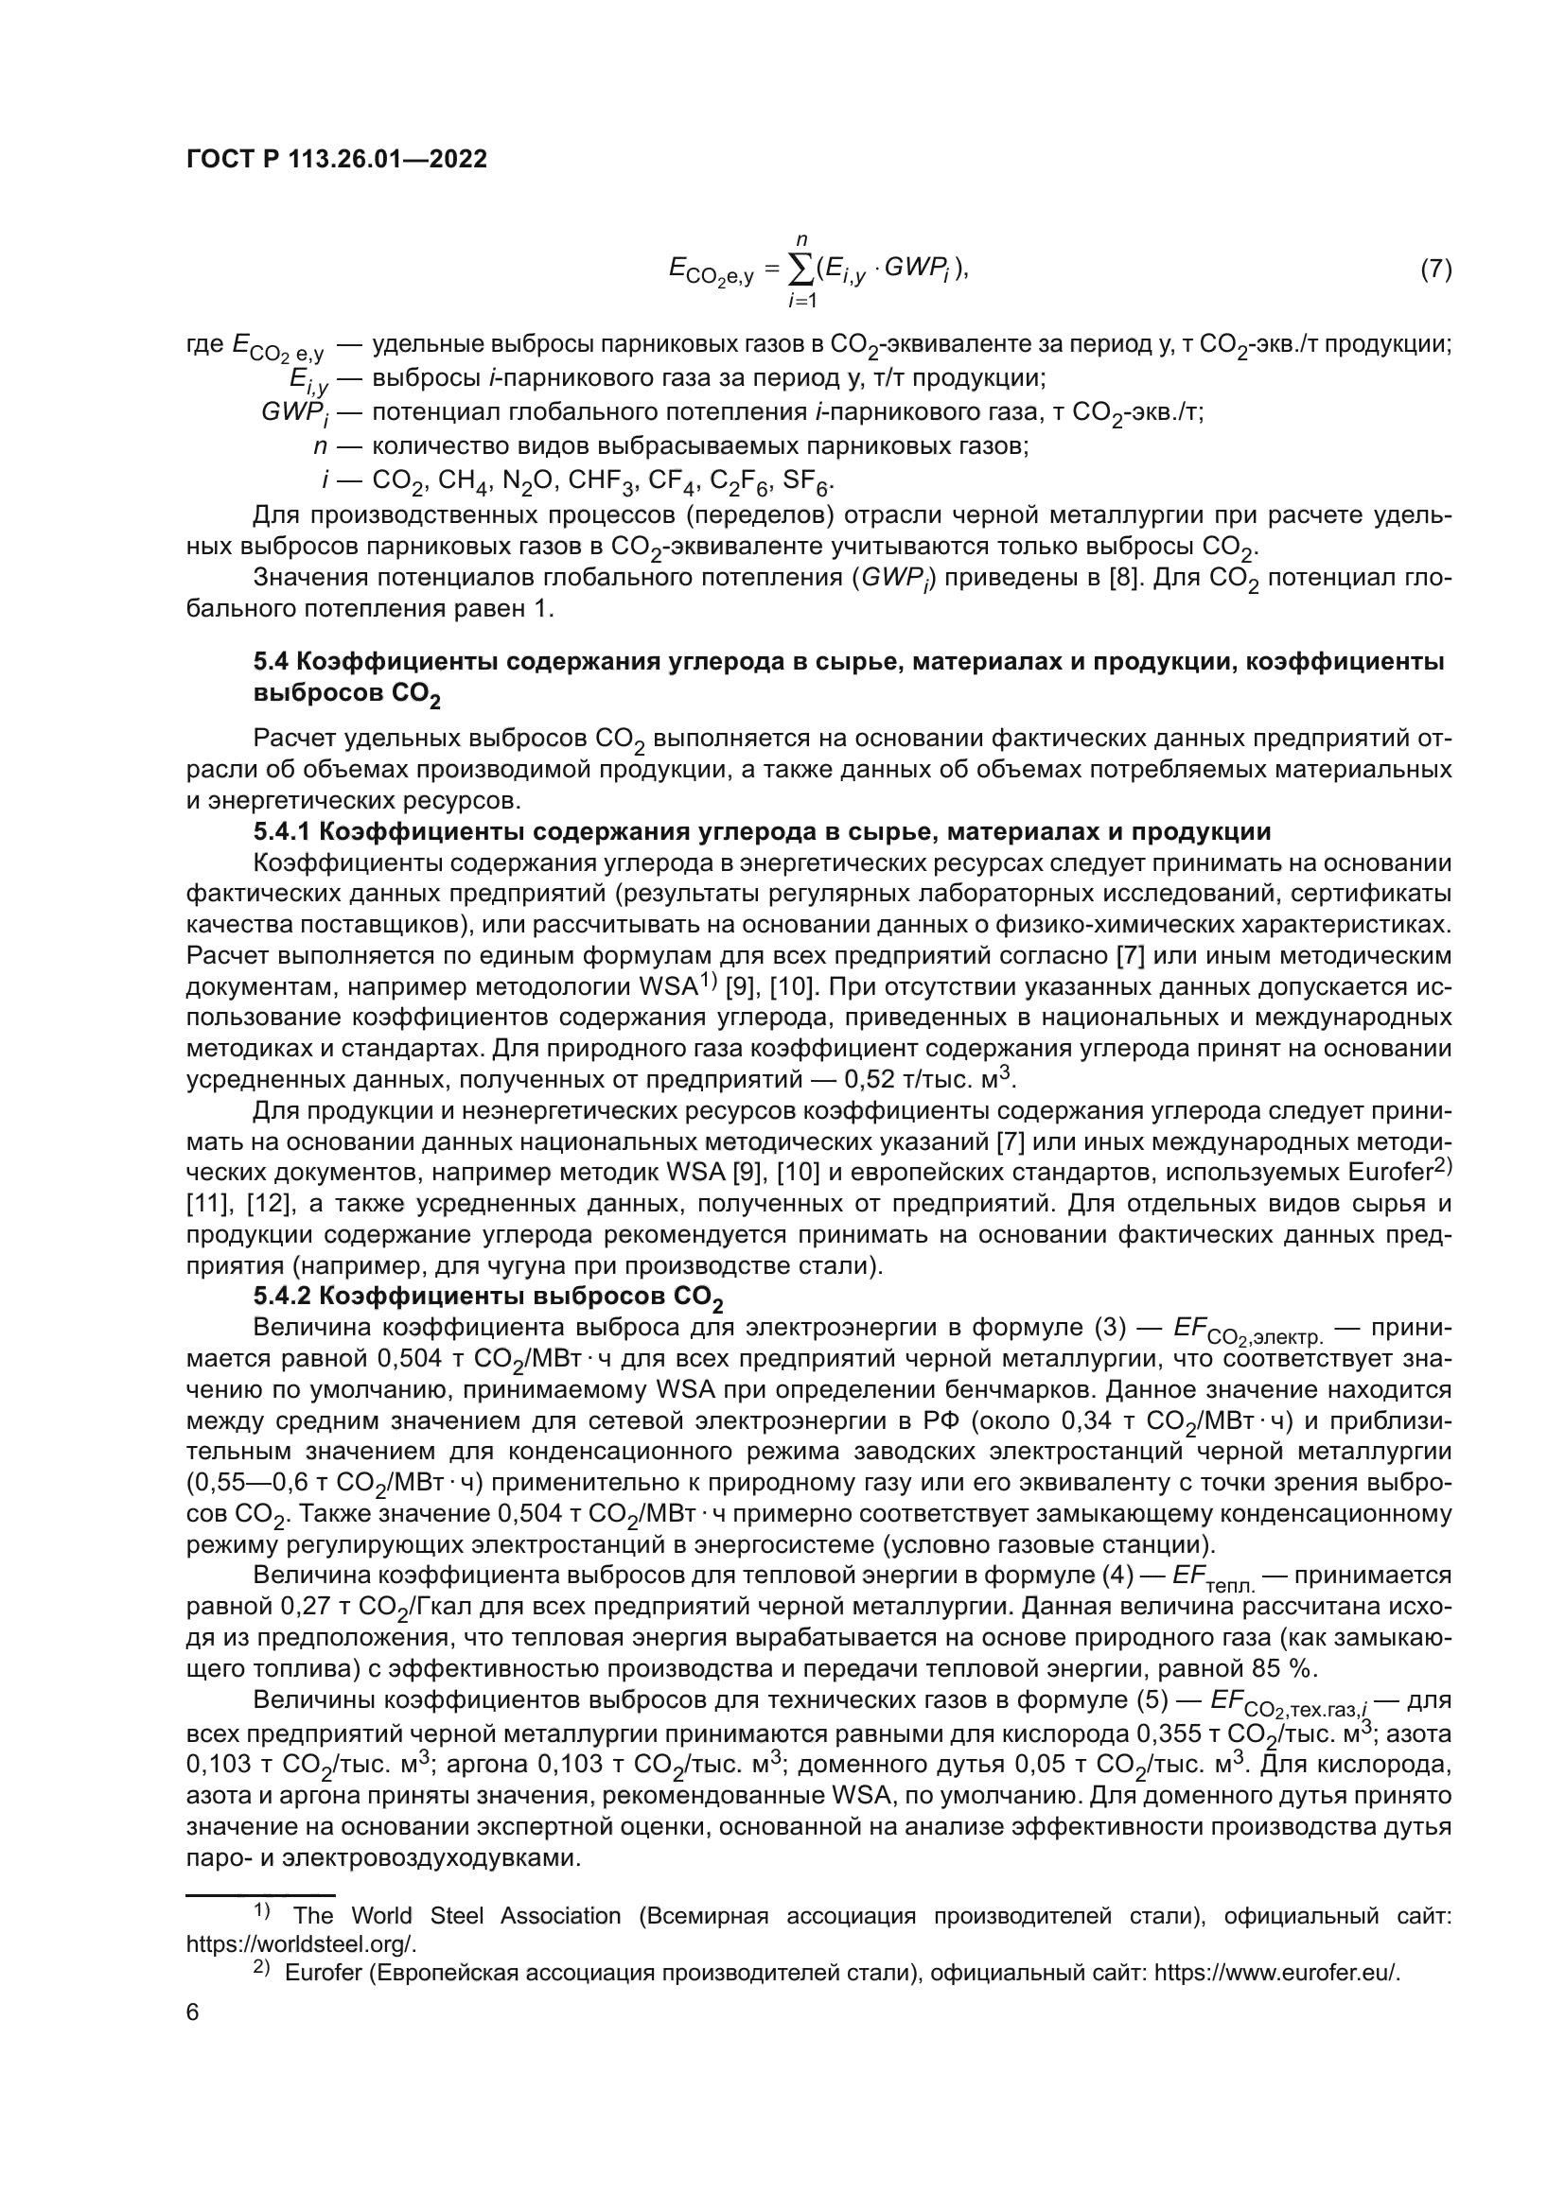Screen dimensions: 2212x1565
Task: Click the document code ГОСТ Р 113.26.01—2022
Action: pyautogui.click(x=336, y=159)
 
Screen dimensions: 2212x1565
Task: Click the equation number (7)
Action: pyautogui.click(x=1435, y=270)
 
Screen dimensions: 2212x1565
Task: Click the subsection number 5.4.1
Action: pyautogui.click(x=285, y=831)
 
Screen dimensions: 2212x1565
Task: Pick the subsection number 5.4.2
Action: pyautogui.click(x=285, y=1297)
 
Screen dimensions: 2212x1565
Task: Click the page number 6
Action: pyautogui.click(x=193, y=2013)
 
